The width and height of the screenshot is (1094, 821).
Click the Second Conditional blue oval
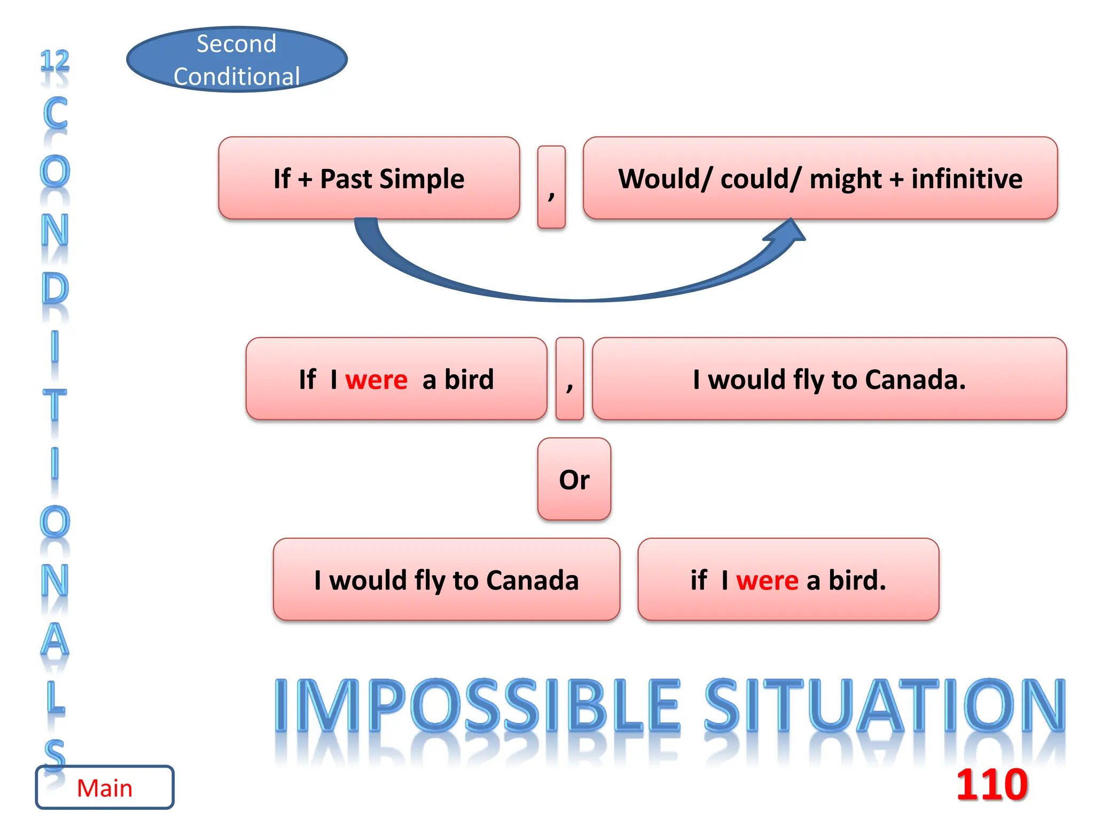(237, 59)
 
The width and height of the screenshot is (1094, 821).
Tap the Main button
(105, 787)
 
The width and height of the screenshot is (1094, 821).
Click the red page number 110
(991, 784)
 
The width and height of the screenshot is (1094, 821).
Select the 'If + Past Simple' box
(369, 178)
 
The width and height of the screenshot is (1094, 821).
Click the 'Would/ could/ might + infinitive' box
(820, 178)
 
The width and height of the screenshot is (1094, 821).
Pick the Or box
(574, 479)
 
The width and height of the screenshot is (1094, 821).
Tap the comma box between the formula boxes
(551, 187)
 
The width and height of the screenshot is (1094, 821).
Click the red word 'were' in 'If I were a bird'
(376, 379)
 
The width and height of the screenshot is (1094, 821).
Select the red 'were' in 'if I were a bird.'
(767, 580)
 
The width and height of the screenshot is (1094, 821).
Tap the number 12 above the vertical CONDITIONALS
(55, 60)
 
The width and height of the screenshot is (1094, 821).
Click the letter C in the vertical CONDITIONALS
(55, 113)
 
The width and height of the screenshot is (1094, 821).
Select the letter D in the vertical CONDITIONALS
(55, 289)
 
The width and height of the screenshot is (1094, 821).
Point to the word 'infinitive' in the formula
(966, 179)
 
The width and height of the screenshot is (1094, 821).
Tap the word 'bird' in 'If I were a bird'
(469, 379)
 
